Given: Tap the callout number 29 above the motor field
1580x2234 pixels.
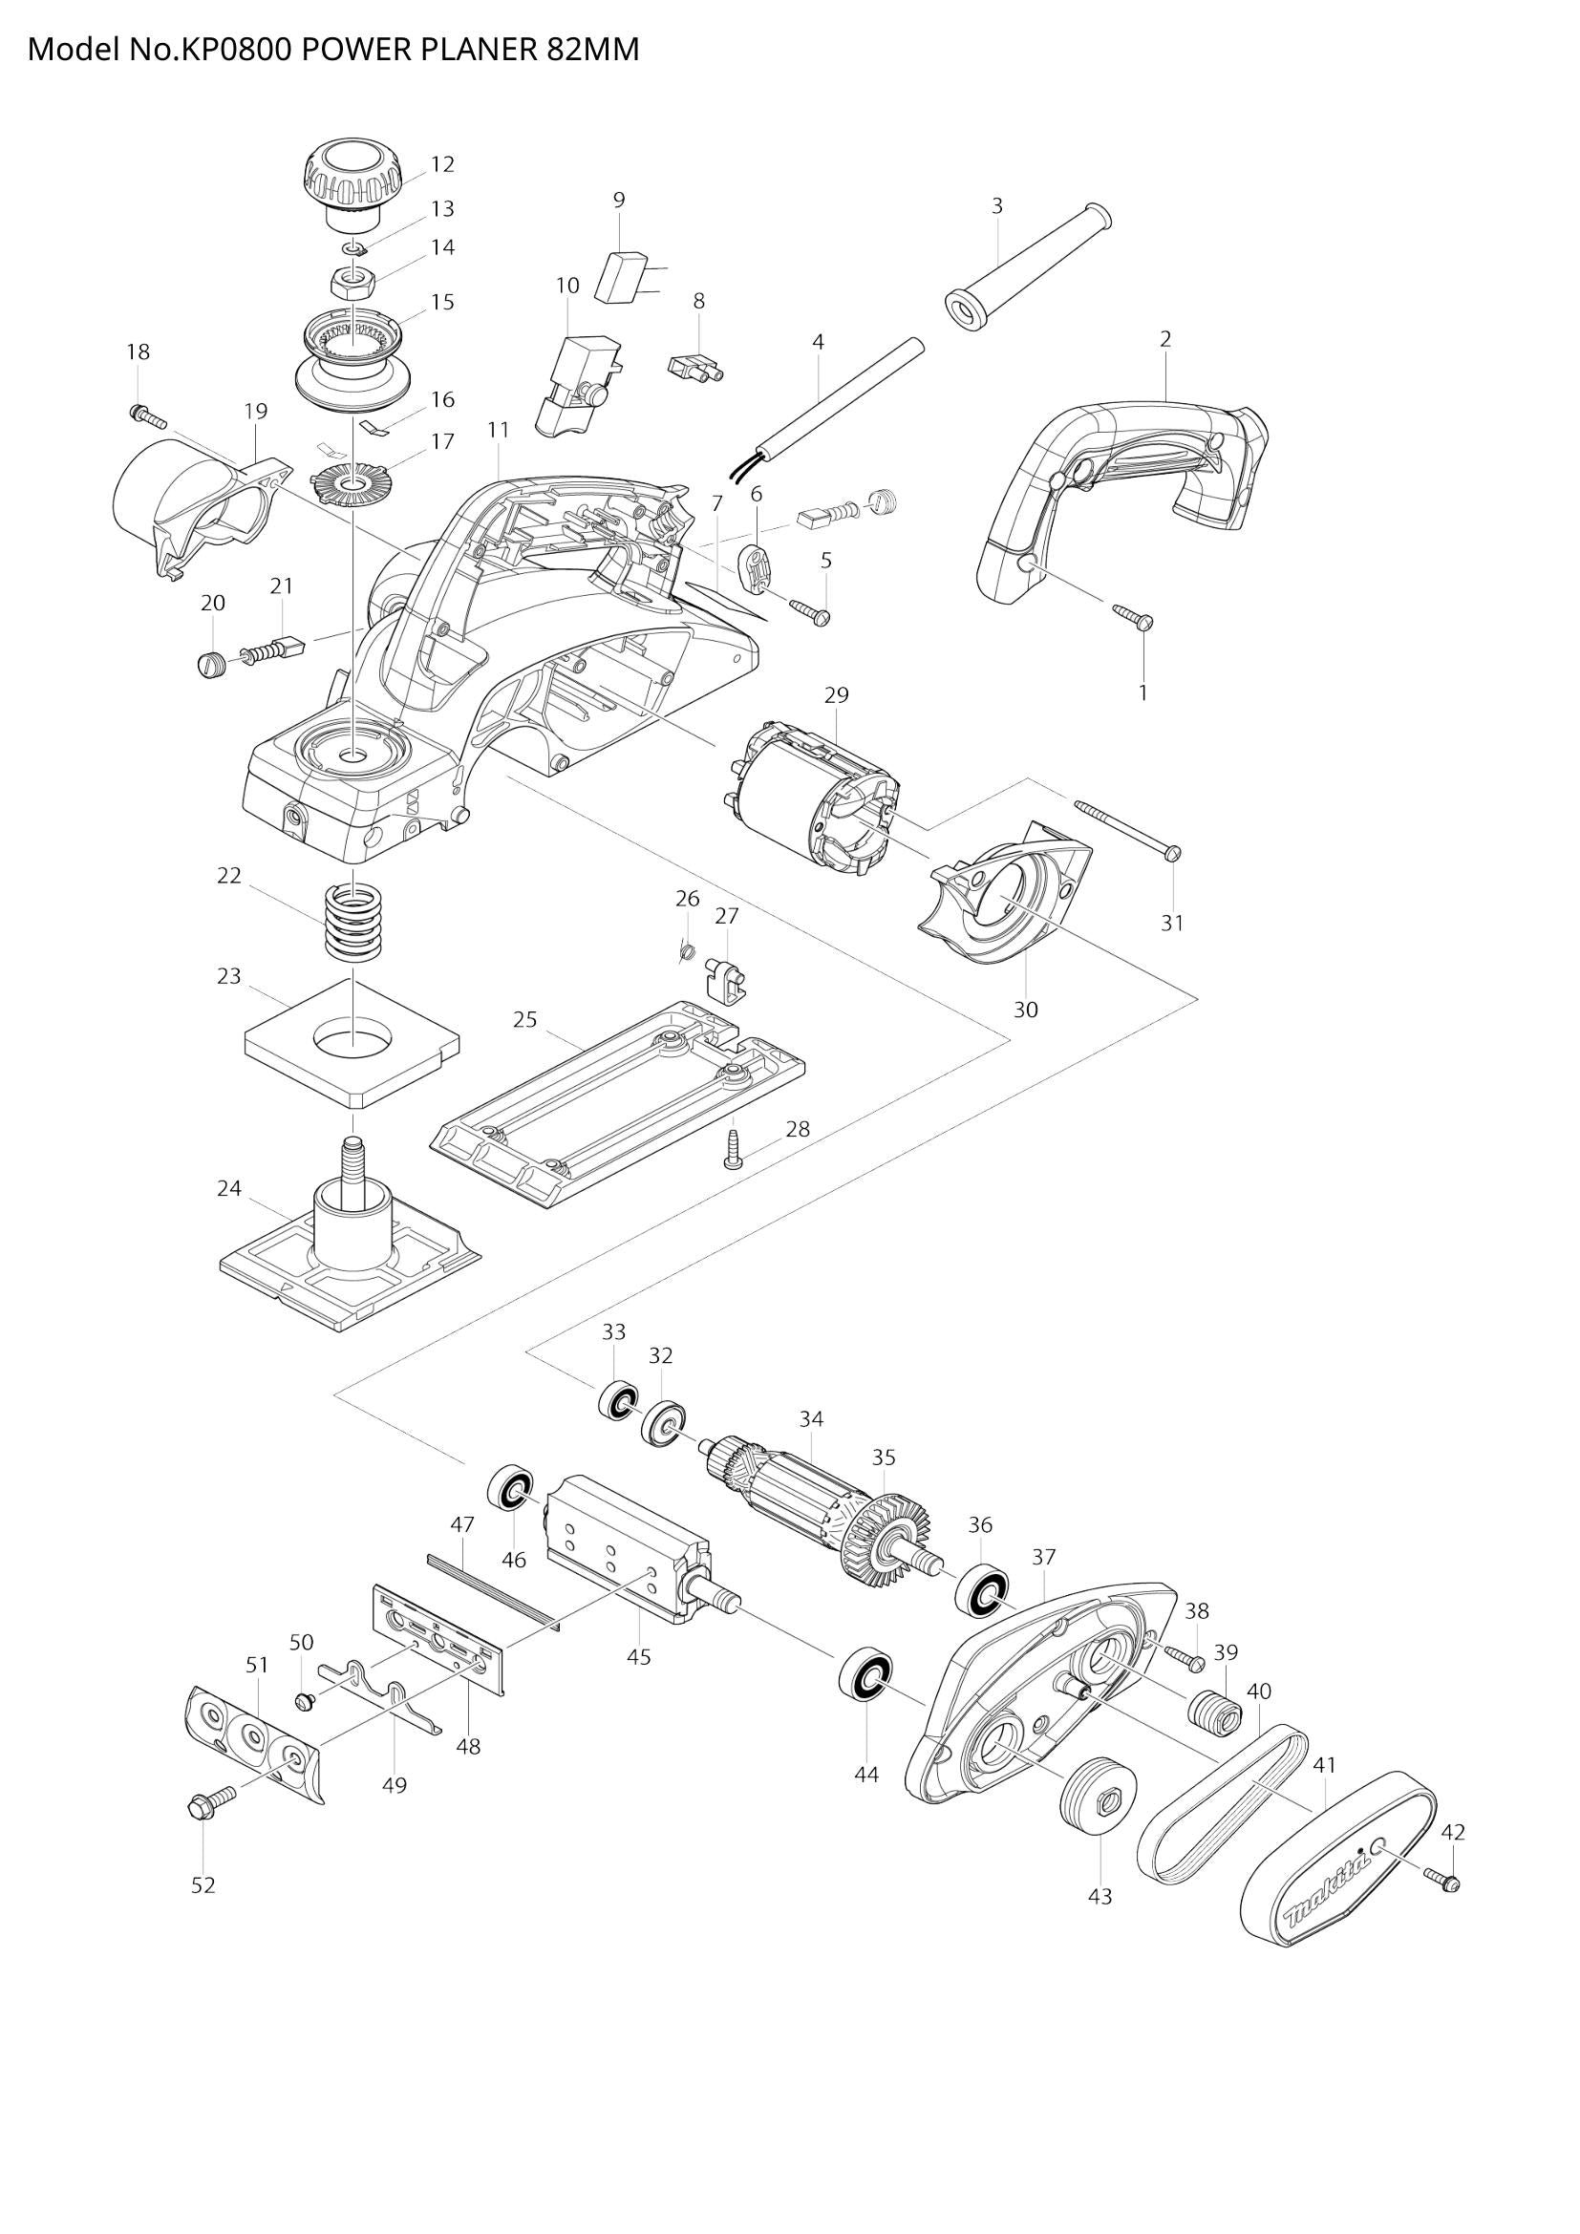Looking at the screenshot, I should (x=836, y=694).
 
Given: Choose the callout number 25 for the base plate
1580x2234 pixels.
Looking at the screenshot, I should (x=525, y=1019).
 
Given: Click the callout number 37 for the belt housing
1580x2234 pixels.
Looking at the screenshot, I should (x=1043, y=1557).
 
